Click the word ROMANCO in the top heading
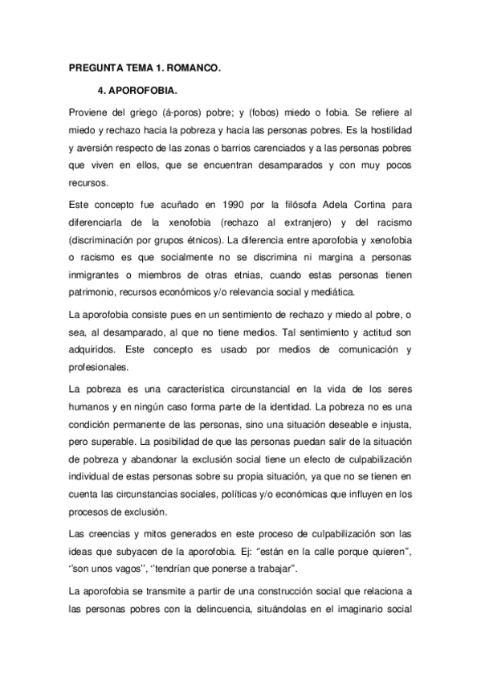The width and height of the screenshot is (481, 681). point(190,69)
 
